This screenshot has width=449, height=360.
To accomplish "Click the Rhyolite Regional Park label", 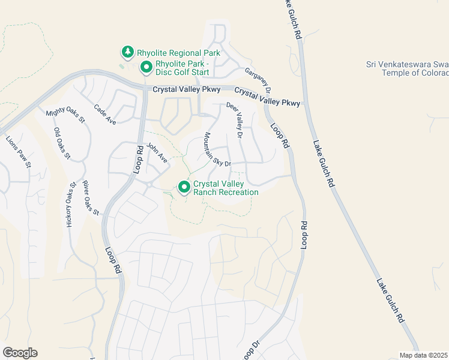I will (178, 53).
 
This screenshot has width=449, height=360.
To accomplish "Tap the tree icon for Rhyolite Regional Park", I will (127, 52).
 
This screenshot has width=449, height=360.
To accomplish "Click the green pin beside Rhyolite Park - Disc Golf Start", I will (145, 67).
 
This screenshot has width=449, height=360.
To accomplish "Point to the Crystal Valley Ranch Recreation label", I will (225, 188).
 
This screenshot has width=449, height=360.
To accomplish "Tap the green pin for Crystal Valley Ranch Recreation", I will (184, 187).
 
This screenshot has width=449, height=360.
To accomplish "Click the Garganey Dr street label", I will (259, 80).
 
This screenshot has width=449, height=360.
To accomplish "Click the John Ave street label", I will (157, 154).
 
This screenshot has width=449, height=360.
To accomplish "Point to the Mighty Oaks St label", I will (65, 116).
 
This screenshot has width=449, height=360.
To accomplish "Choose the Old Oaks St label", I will (62, 143).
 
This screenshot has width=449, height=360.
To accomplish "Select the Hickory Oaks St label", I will (70, 204).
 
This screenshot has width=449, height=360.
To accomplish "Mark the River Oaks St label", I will (91, 197).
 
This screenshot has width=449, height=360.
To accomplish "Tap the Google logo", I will (20, 353).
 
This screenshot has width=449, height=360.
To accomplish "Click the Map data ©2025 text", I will (423, 355).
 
